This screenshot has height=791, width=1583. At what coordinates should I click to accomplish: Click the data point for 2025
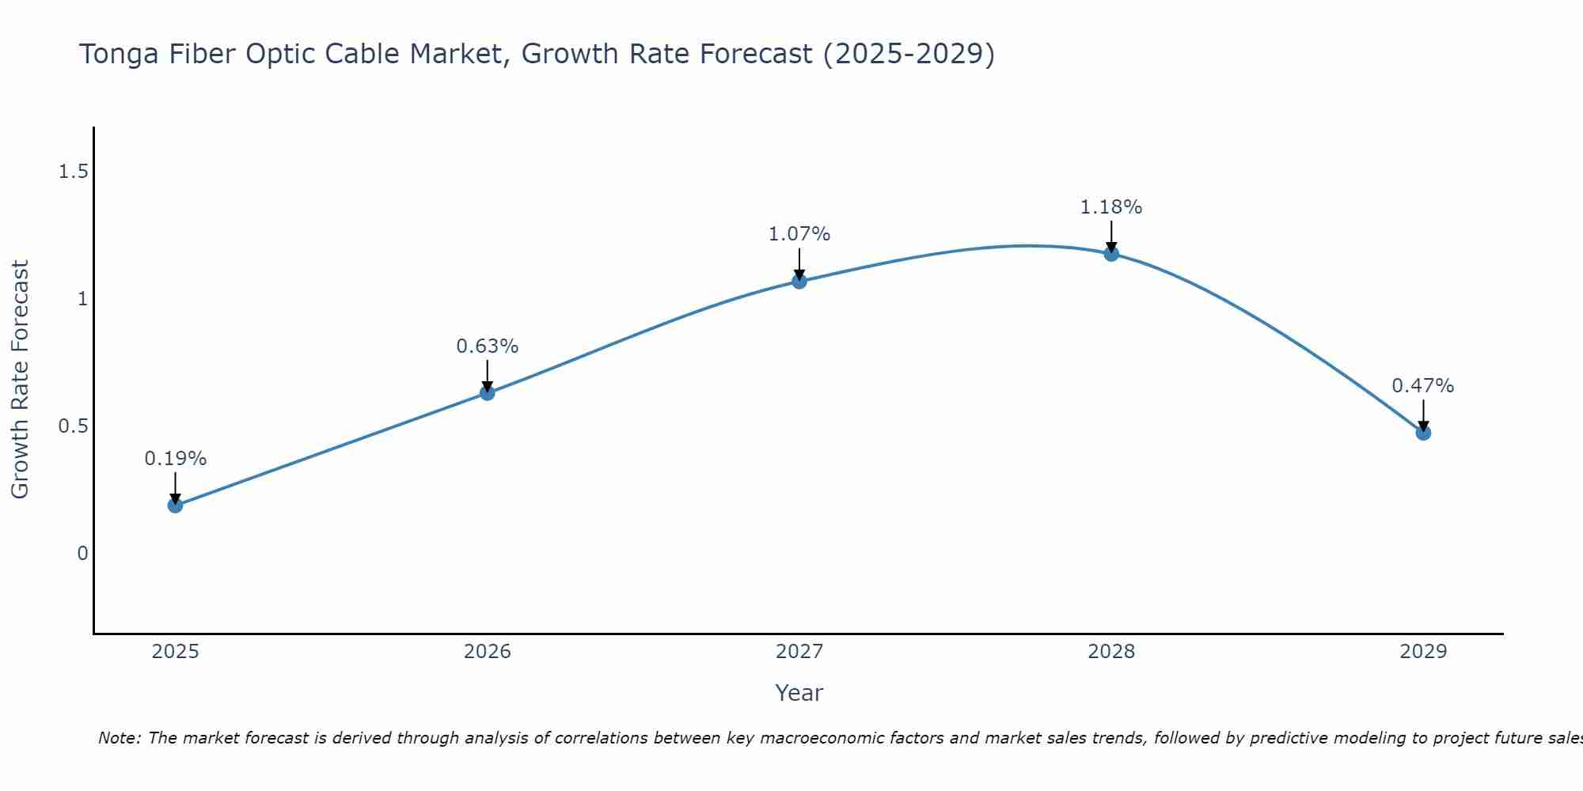pos(175,505)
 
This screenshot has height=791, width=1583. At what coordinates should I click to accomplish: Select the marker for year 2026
pos(488,393)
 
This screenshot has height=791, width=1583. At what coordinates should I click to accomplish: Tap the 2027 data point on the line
pos(799,281)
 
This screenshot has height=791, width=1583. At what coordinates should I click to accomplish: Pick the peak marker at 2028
pos(1111,254)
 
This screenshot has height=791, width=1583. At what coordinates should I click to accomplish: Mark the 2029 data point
pos(1423,433)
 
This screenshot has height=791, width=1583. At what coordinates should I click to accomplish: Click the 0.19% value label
pos(176,459)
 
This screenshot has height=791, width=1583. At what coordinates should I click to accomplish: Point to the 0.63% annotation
pos(488,346)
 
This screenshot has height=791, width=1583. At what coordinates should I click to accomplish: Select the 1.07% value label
pos(799,234)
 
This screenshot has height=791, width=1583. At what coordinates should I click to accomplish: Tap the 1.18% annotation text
pos(1111,207)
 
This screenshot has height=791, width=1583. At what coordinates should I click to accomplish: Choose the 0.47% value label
pos(1423,386)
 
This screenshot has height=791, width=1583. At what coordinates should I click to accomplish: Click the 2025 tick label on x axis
pos(176,652)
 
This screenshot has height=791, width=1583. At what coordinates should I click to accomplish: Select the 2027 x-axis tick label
pos(799,652)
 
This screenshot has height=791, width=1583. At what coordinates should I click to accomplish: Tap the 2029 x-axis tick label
pos(1423,652)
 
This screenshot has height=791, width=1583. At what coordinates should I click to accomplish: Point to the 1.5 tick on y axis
pos(73,172)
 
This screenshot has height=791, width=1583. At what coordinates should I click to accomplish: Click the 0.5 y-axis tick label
pos(73,426)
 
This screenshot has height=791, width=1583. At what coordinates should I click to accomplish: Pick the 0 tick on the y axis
pos(82,554)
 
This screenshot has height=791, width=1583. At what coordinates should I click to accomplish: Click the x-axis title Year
pos(799,693)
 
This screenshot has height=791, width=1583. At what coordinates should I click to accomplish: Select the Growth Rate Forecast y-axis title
pos(21,380)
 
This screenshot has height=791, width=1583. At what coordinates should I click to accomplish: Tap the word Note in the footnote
pos(119,738)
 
